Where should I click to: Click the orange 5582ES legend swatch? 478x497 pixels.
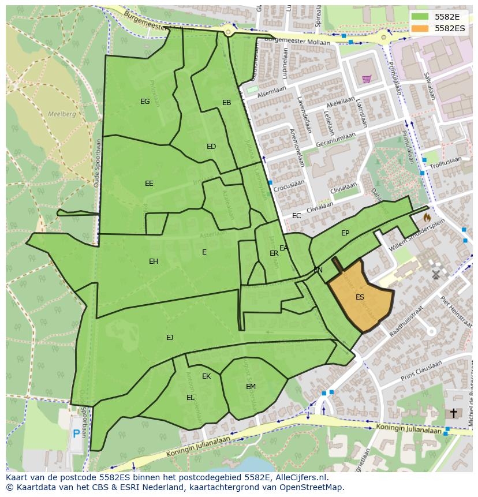point(420,28)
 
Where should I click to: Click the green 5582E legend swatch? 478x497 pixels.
point(420,17)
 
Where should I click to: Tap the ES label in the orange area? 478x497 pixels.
point(360,297)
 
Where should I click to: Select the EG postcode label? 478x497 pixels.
point(145,102)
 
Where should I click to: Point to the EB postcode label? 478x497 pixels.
point(226,103)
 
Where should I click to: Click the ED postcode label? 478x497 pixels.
point(211,147)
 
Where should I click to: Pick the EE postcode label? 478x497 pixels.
point(149,184)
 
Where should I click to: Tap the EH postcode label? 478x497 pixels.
point(154,261)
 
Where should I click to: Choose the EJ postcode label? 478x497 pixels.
point(170,337)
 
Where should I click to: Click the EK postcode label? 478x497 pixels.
point(206,376)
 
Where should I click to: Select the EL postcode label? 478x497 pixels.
point(191,397)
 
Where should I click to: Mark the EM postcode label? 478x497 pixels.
point(251,387)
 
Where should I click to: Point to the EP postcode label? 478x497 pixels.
point(345,233)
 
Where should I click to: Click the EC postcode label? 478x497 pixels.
point(296,216)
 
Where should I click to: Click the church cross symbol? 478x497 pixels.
point(453,413)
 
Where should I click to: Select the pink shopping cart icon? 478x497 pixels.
point(366,79)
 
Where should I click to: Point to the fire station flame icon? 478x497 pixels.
point(427,218)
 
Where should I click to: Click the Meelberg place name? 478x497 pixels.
point(62,114)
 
